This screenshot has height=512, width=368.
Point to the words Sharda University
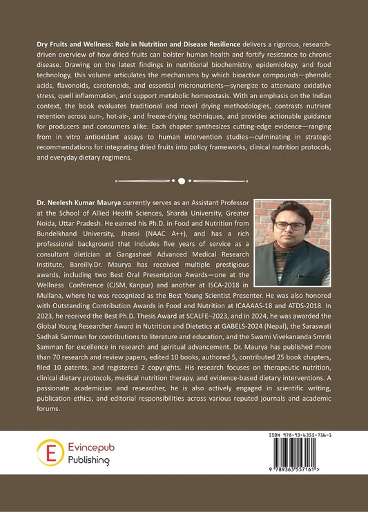coord(166,216)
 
